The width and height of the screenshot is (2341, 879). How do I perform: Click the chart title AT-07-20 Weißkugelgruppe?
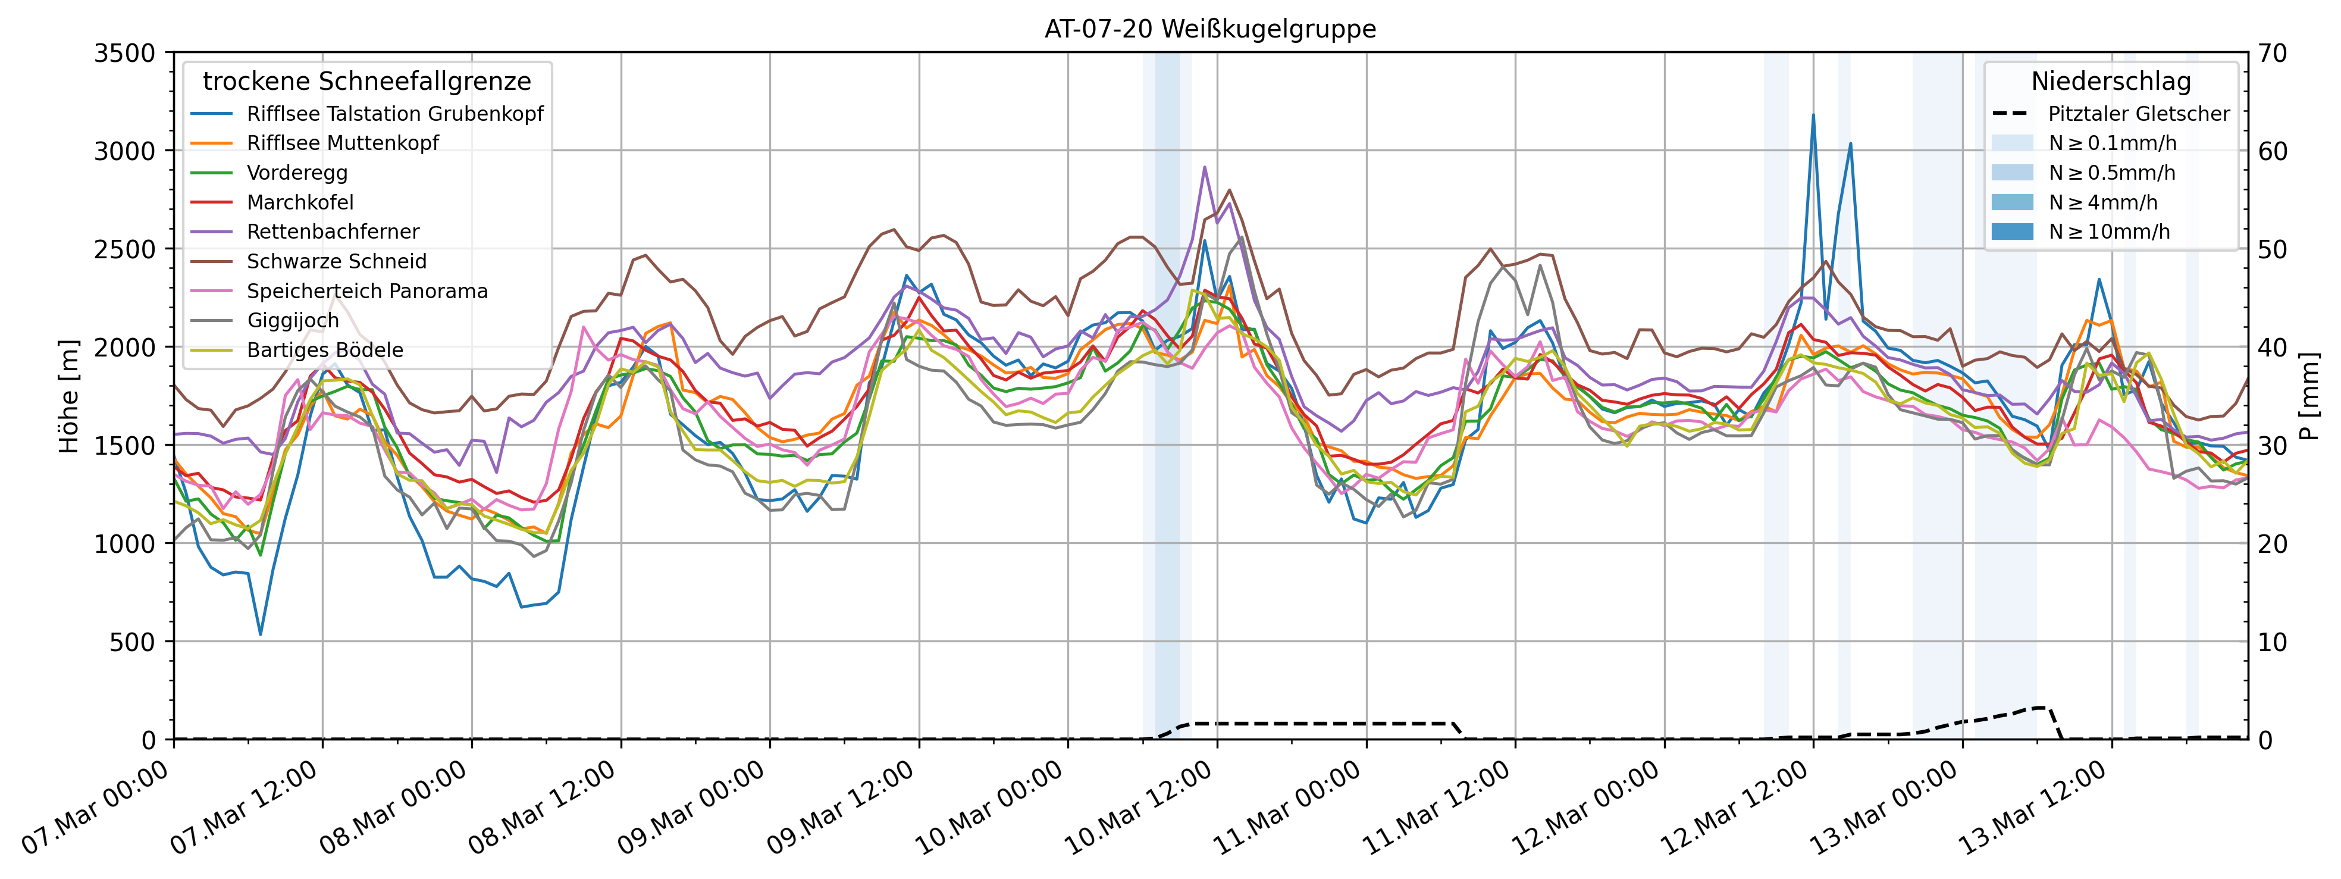(x=1209, y=29)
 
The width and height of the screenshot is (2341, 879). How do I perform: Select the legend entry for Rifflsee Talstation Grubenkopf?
(x=394, y=114)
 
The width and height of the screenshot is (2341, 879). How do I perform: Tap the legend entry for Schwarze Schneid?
(x=336, y=262)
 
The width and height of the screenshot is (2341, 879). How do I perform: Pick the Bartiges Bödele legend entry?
(x=324, y=350)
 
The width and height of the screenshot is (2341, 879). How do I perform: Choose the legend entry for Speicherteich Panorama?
(x=367, y=291)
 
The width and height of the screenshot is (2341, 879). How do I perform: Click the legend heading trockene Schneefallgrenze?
(x=366, y=82)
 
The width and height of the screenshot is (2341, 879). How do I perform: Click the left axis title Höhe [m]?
(x=69, y=396)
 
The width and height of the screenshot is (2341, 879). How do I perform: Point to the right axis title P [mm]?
(x=2309, y=396)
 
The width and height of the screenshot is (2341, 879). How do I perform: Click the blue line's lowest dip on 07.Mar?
(x=261, y=634)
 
